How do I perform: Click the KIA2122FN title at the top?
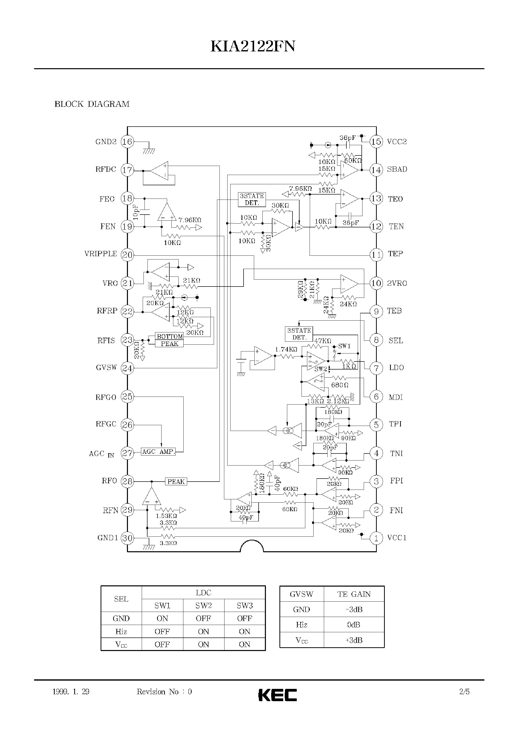click(253, 47)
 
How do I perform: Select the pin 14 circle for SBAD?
click(376, 170)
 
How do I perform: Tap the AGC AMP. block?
click(158, 452)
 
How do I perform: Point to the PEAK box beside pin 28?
click(176, 482)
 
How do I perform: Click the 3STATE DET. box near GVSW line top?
click(252, 199)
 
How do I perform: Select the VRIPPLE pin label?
click(100, 254)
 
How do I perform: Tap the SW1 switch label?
click(344, 346)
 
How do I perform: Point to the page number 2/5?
click(464, 692)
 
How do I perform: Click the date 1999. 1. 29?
click(71, 692)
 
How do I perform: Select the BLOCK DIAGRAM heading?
click(92, 104)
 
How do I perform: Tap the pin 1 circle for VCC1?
click(376, 538)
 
